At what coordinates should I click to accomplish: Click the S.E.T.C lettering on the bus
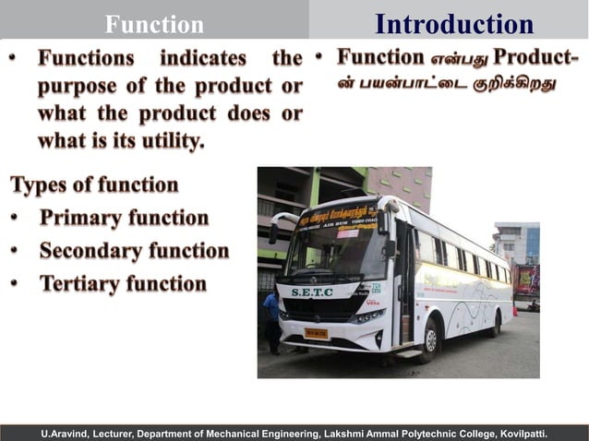pos(312,292)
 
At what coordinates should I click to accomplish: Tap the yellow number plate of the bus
pos(316,333)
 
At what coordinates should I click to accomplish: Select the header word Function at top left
pos(154,24)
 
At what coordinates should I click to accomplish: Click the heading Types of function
pos(94,185)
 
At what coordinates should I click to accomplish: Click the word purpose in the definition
pos(78,86)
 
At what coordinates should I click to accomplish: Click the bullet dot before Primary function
pos(17,219)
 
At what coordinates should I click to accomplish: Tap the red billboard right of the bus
pos(527,278)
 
